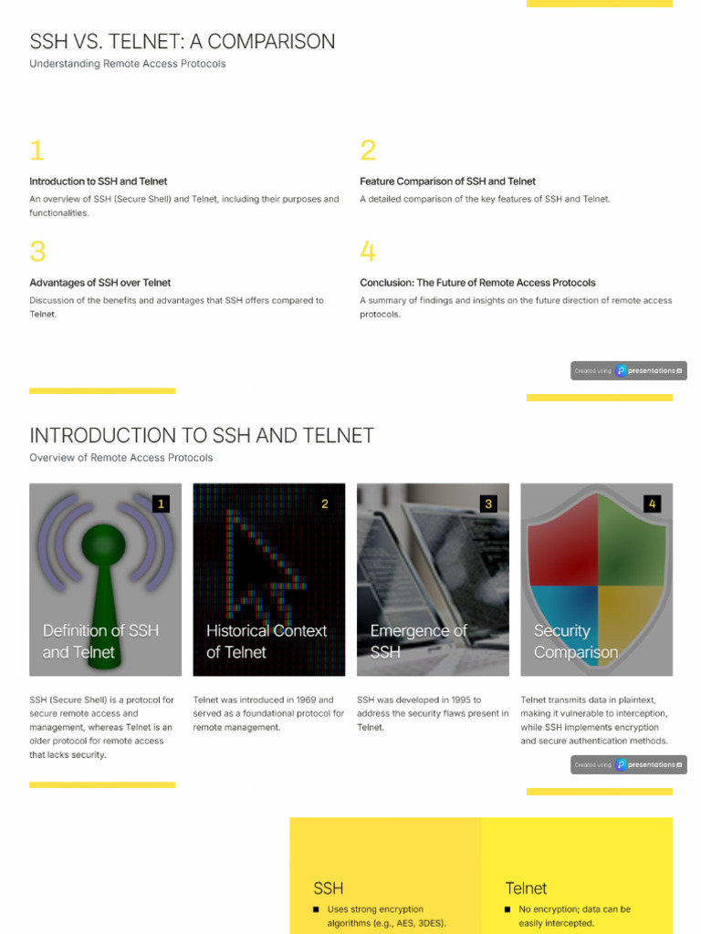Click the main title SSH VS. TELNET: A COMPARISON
click(x=182, y=41)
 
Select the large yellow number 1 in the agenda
click(x=37, y=150)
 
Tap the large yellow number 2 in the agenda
click(x=368, y=150)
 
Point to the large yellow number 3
click(x=37, y=252)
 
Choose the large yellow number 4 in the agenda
click(x=368, y=252)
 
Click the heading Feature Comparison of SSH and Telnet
click(x=447, y=182)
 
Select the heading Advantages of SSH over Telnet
click(x=99, y=283)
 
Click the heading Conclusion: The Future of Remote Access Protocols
click(x=477, y=283)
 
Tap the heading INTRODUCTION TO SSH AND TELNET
click(x=202, y=436)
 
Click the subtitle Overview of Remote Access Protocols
click(x=120, y=458)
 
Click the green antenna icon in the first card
click(x=103, y=566)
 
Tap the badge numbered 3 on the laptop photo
click(x=488, y=503)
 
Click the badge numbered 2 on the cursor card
click(x=324, y=503)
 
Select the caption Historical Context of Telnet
click(x=266, y=641)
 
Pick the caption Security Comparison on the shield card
click(x=575, y=641)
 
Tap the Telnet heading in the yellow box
click(x=526, y=887)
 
